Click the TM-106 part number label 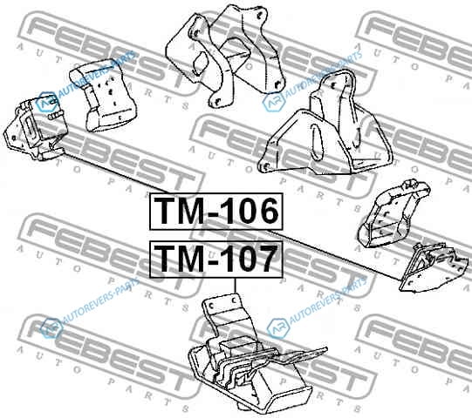pyautogui.click(x=216, y=212)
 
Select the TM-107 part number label pyautogui.click(x=215, y=259)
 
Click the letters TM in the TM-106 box pyautogui.click(x=178, y=212)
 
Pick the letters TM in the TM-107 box pyautogui.click(x=178, y=259)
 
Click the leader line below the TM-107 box pyautogui.click(x=235, y=286)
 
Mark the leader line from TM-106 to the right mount pyautogui.click(x=334, y=255)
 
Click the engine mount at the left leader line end pyautogui.click(x=35, y=126)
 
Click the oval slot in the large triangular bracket pyautogui.click(x=317, y=142)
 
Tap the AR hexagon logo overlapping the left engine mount pyautogui.click(x=46, y=102)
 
